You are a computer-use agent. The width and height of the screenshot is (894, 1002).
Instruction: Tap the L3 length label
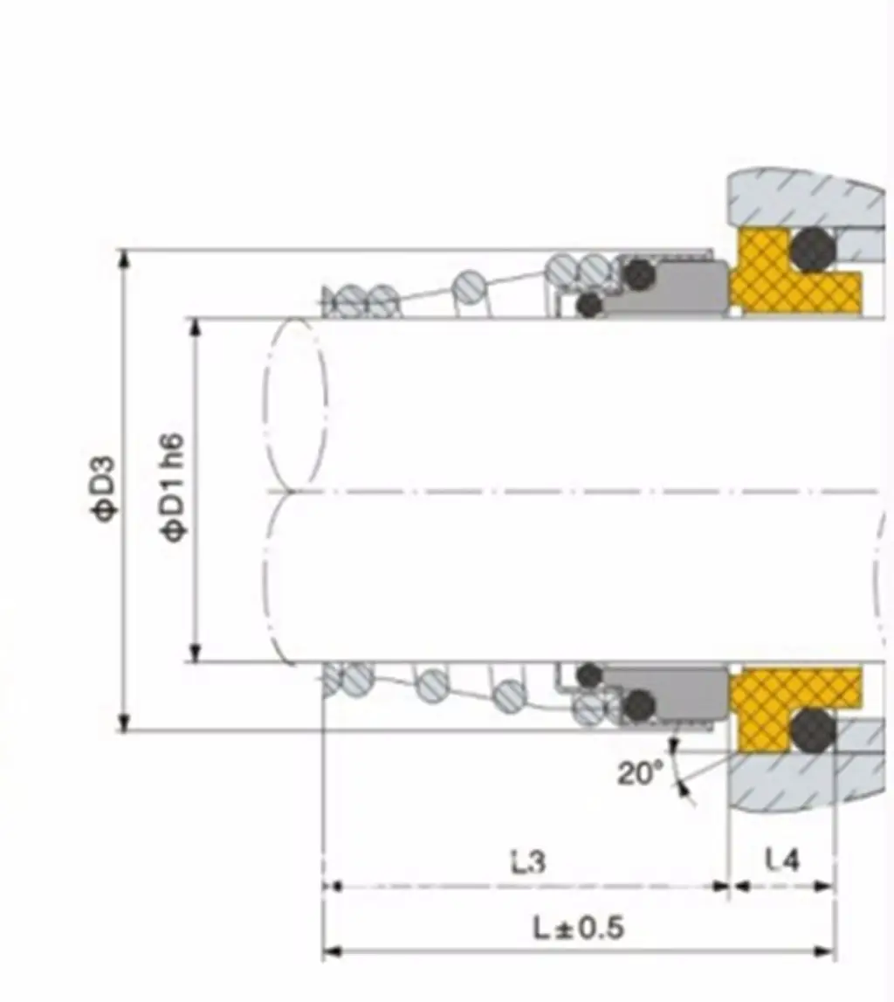pos(529,861)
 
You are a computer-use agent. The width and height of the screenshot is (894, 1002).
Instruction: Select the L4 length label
pos(782,860)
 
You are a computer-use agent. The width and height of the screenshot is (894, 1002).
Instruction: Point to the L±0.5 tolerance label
pos(579,928)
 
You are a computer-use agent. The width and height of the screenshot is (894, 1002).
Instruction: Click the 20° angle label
pos(640,773)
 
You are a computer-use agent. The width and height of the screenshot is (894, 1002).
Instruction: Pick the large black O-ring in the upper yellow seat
pos(812,249)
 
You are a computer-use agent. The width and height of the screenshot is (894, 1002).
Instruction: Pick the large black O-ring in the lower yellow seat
pos(812,729)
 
